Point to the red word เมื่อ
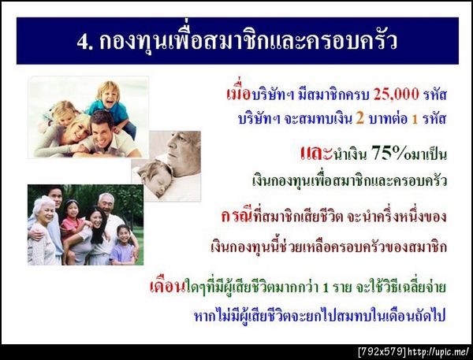pyautogui.click(x=236, y=95)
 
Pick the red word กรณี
pyautogui.click(x=240, y=214)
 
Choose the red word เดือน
pyautogui.click(x=166, y=286)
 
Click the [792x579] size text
pyautogui.click(x=382, y=351)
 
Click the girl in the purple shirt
pyautogui.click(x=123, y=240)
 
